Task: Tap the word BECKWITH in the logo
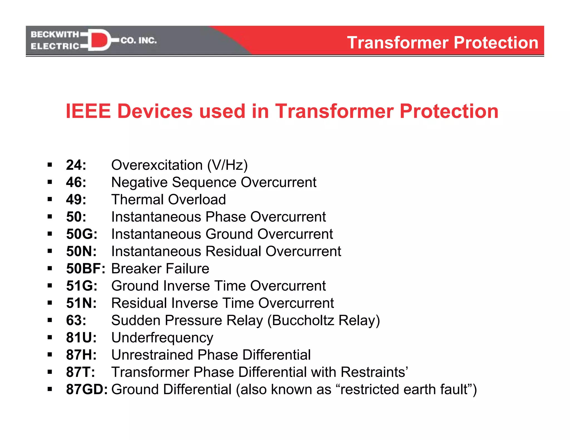point(55,34)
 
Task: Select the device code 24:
point(76,165)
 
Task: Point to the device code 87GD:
point(87,389)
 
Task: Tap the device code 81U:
point(81,338)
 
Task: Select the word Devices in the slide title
point(155,111)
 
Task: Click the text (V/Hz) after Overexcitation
point(227,165)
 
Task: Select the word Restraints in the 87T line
point(373,372)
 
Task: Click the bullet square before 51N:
point(50,303)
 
